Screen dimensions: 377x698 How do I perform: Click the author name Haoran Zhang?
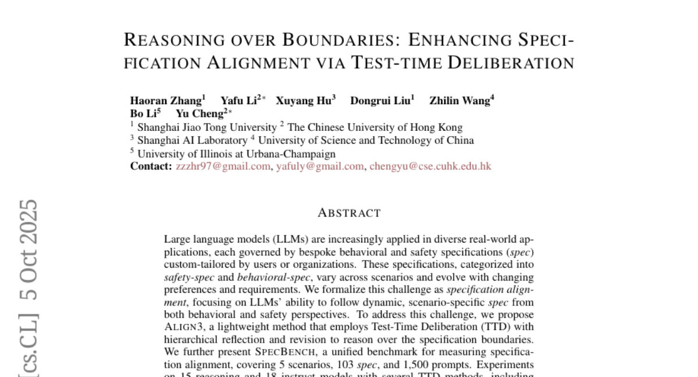coord(165,101)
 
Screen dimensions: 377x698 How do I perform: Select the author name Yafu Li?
coord(238,101)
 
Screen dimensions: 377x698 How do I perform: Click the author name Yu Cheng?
coord(200,113)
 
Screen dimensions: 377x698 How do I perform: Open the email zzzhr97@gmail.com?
coord(223,166)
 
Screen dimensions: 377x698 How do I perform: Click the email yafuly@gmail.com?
coord(320,166)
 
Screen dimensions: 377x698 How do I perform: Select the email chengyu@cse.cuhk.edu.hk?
coord(430,166)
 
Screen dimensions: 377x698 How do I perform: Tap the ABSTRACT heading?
coord(349,213)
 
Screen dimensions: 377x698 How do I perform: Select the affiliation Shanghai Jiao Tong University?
coord(206,127)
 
